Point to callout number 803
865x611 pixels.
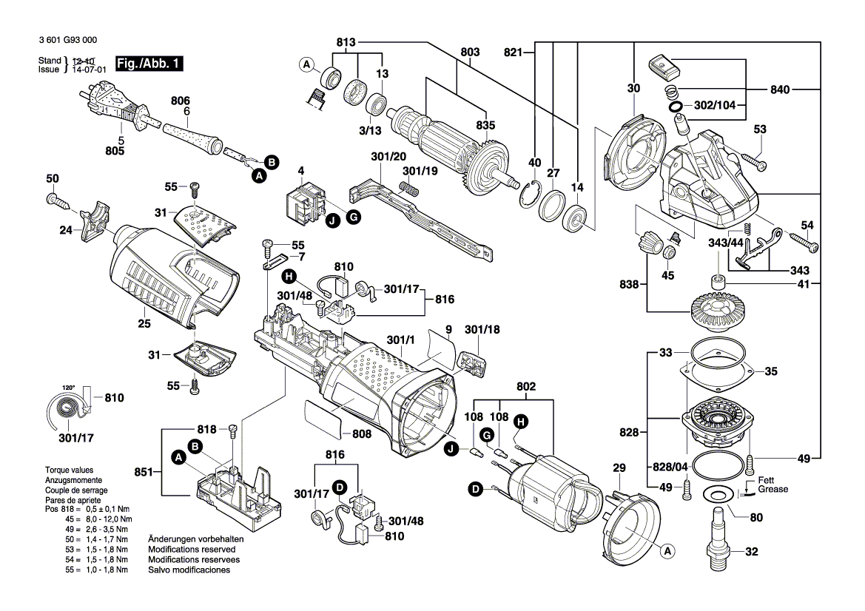point(469,52)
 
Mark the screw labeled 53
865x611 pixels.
point(750,158)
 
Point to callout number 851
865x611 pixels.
point(144,471)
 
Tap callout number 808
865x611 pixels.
point(361,433)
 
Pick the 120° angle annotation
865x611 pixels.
point(68,387)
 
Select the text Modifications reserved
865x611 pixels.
point(192,550)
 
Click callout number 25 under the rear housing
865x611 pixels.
point(144,323)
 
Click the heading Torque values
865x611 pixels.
point(70,470)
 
